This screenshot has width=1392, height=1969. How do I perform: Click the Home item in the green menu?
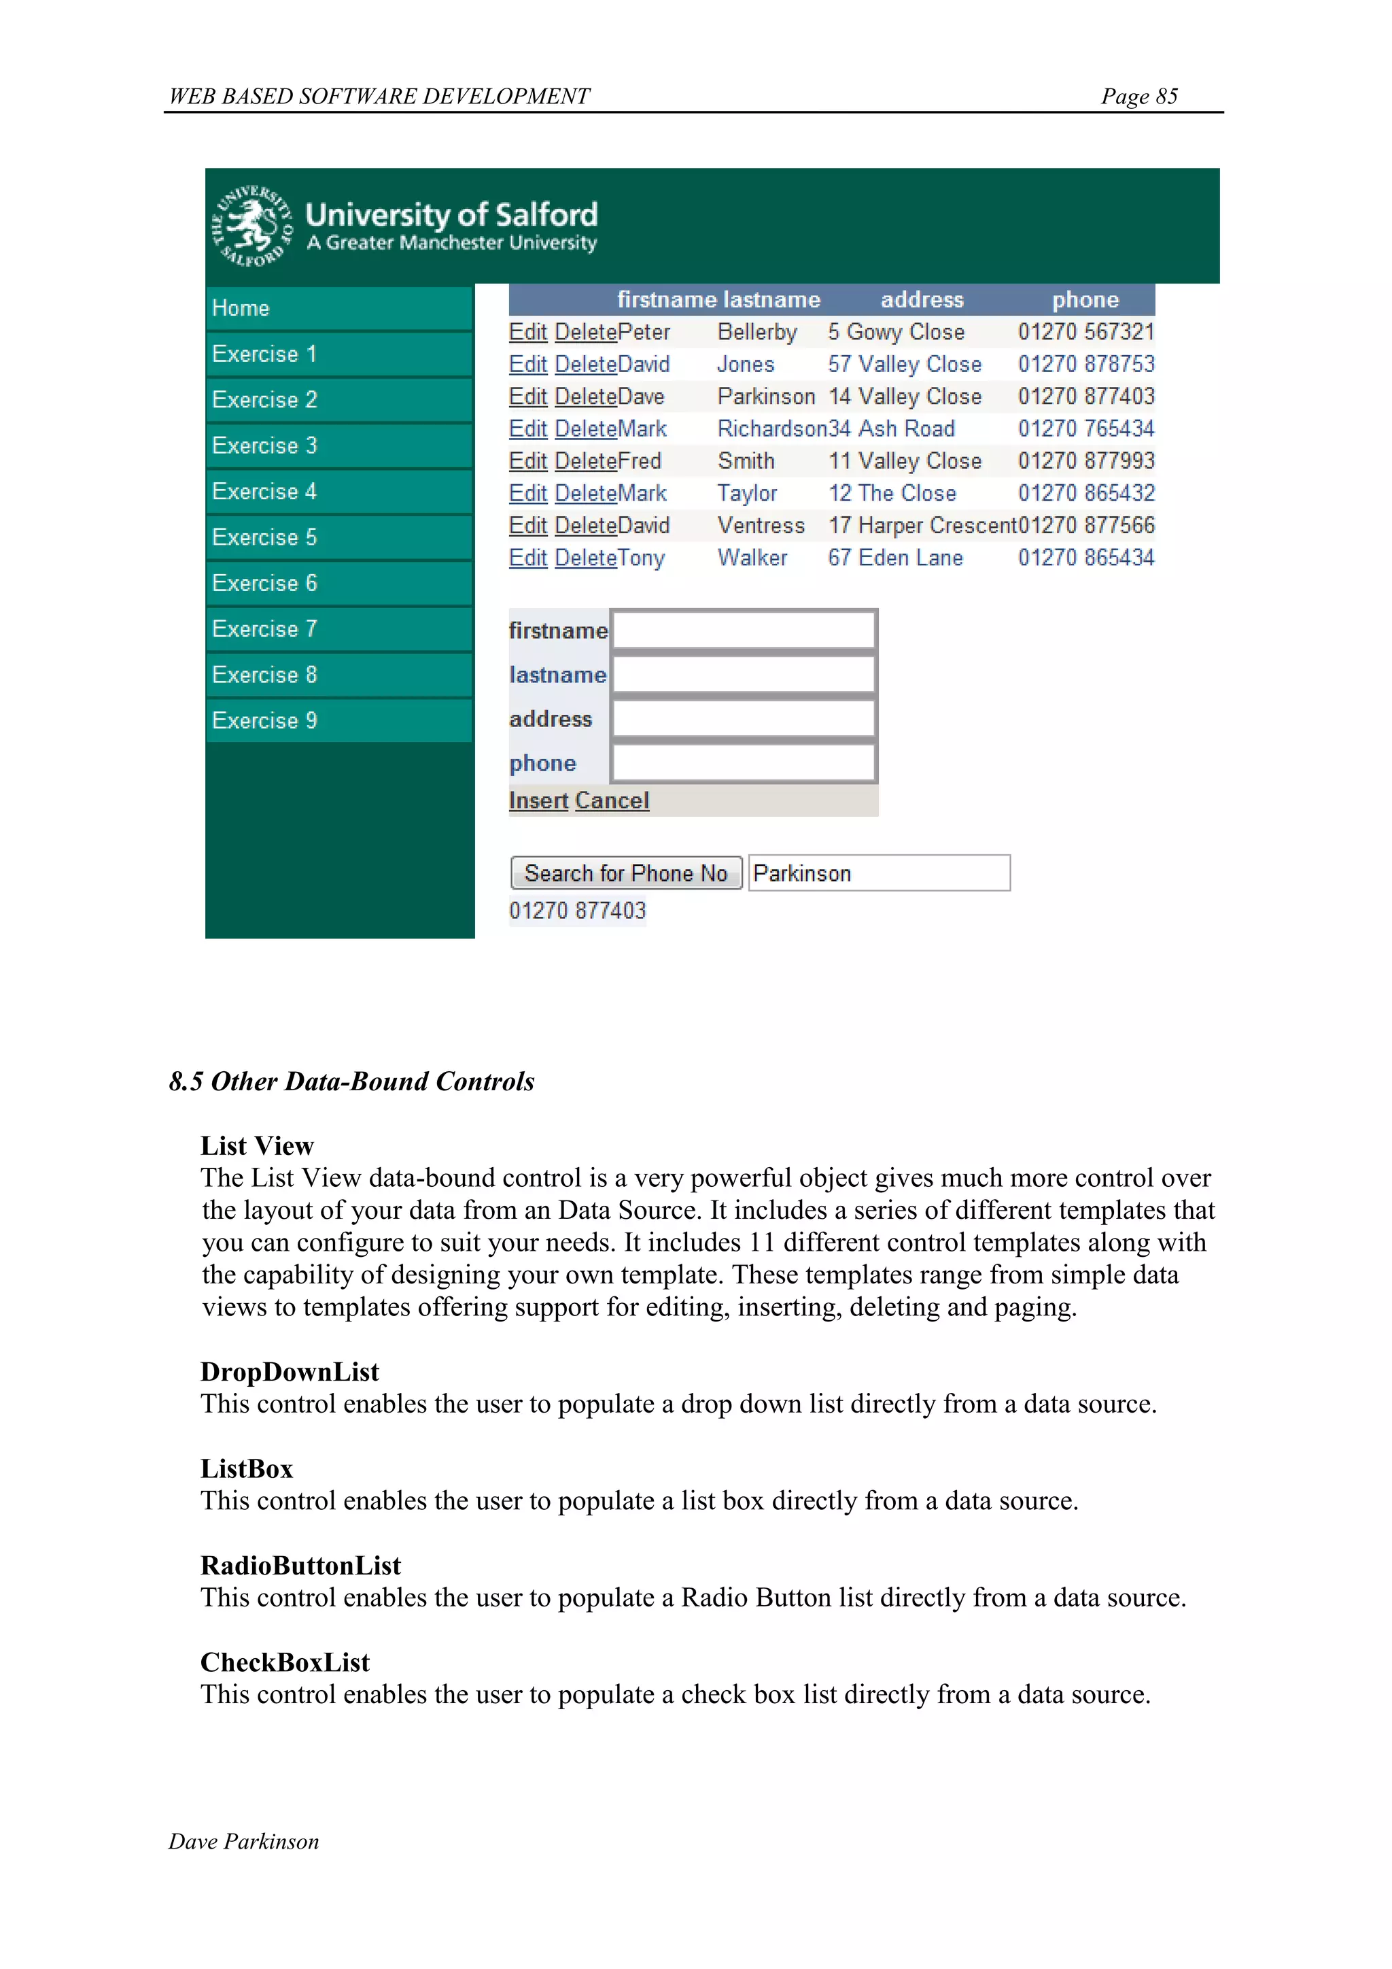click(x=241, y=309)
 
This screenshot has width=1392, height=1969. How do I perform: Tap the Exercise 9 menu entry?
click(x=265, y=720)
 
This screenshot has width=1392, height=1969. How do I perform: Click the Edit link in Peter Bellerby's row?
click(x=527, y=333)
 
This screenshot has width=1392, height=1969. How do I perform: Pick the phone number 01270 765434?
click(x=1085, y=428)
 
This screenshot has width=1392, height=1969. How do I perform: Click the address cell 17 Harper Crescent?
click(x=922, y=526)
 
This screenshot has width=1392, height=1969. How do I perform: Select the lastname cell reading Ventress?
click(x=761, y=526)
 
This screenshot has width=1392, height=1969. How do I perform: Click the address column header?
click(x=922, y=300)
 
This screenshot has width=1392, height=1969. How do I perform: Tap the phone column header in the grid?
click(x=1085, y=300)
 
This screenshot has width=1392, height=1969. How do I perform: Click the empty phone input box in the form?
click(x=743, y=763)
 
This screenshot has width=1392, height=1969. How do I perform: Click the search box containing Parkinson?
click(x=879, y=873)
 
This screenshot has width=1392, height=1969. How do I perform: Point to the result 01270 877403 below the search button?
click(x=577, y=911)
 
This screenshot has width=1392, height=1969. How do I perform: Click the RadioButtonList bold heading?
click(x=300, y=1566)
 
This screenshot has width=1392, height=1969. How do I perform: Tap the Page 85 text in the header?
click(x=1138, y=96)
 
